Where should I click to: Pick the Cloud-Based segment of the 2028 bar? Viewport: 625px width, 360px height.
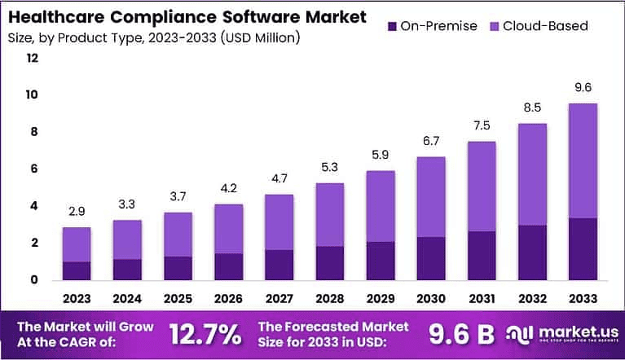[x=330, y=214]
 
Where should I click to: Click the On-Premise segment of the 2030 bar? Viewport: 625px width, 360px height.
[x=431, y=260]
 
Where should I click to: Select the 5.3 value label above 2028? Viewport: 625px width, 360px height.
[x=330, y=169]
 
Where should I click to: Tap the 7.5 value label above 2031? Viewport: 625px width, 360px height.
[x=482, y=126]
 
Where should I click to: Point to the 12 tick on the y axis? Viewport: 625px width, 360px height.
[x=33, y=58]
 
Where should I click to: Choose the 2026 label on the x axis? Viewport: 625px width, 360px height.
[x=229, y=298]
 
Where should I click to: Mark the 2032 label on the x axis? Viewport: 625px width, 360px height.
[x=532, y=298]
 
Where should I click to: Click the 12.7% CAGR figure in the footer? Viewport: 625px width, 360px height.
[x=205, y=333]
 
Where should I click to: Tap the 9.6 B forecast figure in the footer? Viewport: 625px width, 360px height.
[x=461, y=333]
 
